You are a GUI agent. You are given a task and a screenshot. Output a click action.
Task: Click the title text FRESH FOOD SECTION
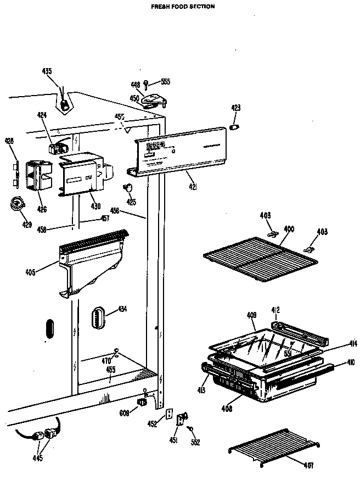pos(183,7)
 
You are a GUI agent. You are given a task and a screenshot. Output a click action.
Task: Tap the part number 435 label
pos(47,71)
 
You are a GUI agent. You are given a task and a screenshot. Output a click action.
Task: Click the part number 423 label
pos(235,108)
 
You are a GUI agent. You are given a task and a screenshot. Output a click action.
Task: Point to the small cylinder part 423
pos(235,128)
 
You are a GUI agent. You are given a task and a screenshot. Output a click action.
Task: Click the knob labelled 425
pos(130,188)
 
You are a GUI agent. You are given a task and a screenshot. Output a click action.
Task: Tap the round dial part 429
pos(18,205)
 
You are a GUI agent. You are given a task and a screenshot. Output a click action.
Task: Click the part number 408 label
pos(227,408)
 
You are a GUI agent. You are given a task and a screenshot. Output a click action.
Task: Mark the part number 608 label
pos(125,412)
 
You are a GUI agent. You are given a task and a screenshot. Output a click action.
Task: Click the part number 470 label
pos(106,360)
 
